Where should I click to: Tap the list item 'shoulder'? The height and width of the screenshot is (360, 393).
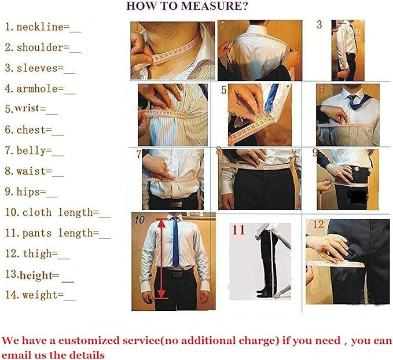point(40,47)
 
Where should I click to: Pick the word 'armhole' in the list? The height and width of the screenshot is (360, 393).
point(37,89)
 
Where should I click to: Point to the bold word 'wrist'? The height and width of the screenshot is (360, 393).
point(27,109)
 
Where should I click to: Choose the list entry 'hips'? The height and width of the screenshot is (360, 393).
point(28,192)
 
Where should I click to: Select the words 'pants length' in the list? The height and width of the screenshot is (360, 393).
point(57,233)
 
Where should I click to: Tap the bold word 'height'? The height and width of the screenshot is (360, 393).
point(36,275)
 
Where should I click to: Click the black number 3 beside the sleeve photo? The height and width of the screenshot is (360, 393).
point(319,24)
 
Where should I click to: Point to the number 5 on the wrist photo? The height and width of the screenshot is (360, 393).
point(224,90)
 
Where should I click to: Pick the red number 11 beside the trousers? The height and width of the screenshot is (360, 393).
point(238,230)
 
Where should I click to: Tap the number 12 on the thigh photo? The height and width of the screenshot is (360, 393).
point(318,224)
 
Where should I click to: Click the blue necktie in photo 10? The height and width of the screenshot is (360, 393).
point(175,242)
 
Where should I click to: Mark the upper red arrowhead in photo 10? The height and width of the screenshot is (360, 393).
point(162,224)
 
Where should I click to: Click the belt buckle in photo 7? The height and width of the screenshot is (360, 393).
point(176,204)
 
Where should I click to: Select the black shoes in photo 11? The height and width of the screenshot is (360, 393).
point(264,292)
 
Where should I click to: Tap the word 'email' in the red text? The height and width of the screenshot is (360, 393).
point(14,355)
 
